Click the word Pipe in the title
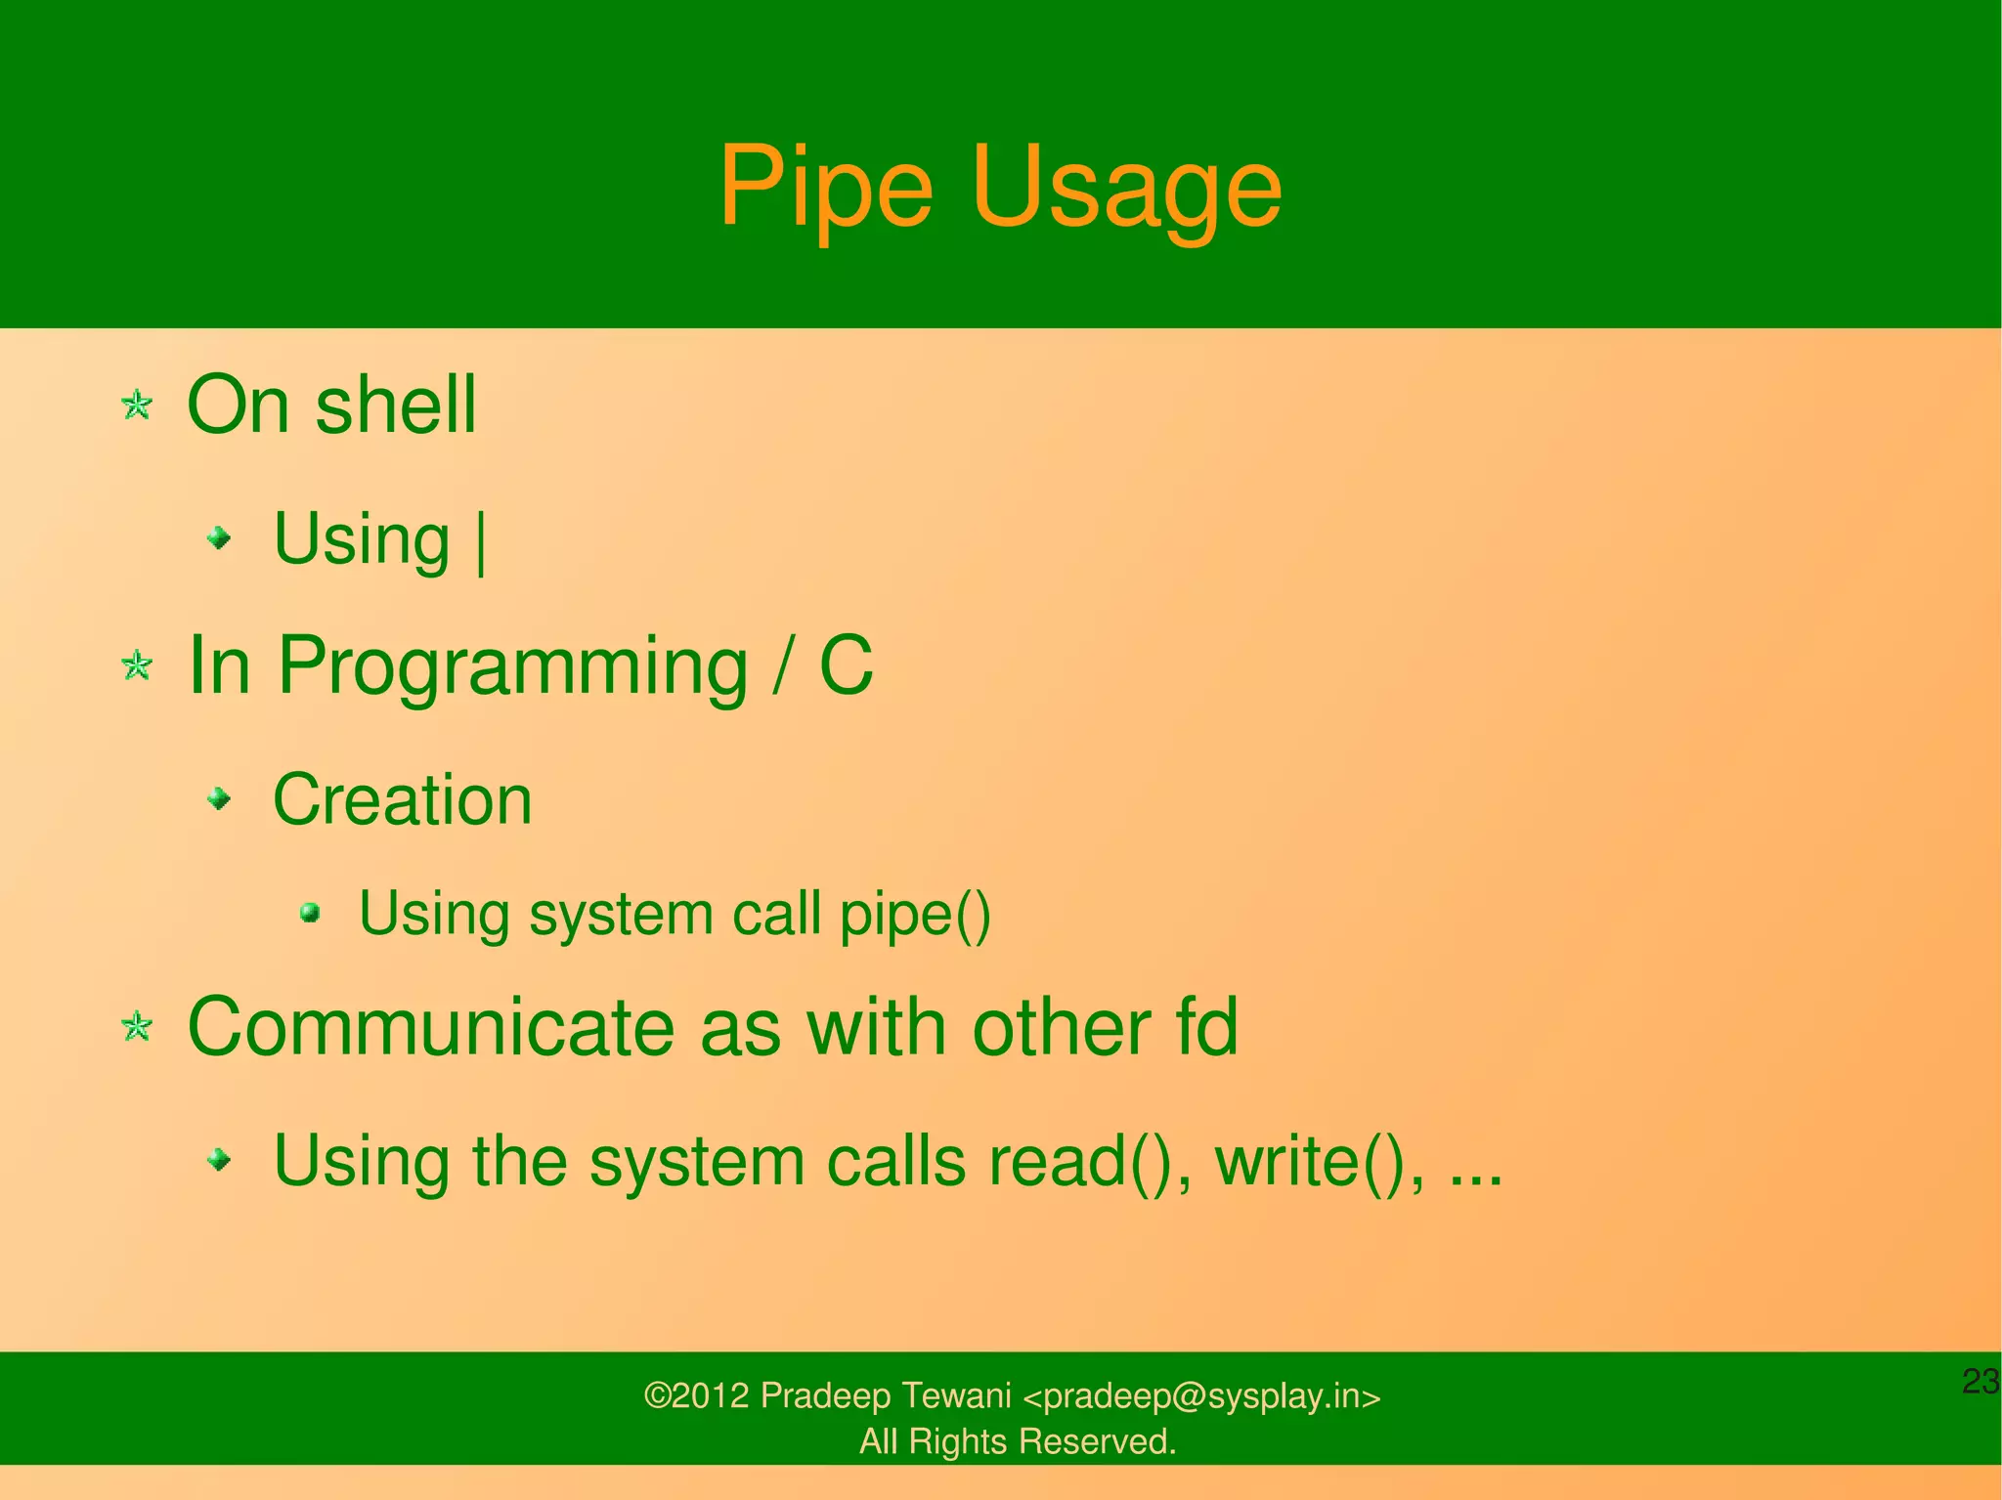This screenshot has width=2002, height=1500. [826, 188]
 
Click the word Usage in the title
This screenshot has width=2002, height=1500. [1126, 188]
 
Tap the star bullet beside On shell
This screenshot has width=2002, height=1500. [137, 405]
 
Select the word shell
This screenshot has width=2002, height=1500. [396, 405]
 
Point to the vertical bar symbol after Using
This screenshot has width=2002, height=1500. [480, 543]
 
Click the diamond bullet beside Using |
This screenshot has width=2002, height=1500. [222, 537]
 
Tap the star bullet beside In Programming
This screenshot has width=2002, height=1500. [137, 666]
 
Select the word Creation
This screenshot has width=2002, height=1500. [403, 800]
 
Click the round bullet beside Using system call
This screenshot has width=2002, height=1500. [311, 913]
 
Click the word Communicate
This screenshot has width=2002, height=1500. [430, 1028]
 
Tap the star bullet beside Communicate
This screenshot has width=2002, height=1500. [137, 1027]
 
